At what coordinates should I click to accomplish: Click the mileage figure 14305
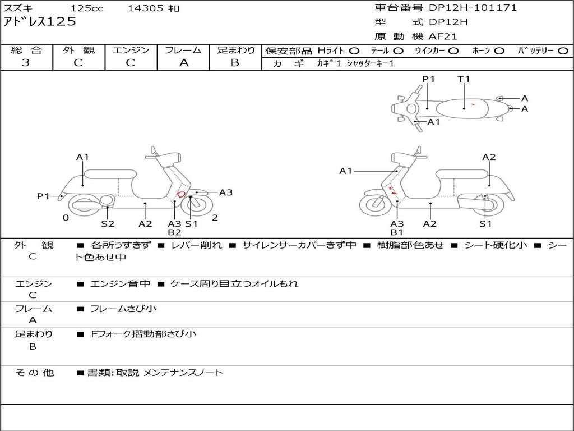pos(145,8)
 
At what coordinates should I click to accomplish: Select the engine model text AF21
pos(443,36)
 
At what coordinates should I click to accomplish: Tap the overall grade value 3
pos(26,63)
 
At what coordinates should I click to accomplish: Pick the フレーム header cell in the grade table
pos(183,50)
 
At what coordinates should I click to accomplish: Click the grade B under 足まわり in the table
pos(235,63)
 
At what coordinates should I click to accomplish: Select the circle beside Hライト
pos(354,51)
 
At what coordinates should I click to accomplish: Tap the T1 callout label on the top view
pos(464,79)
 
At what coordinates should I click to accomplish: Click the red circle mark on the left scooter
pos(181,194)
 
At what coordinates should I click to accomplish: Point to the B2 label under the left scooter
pos(174,232)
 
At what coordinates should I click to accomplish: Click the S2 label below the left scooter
pos(108,223)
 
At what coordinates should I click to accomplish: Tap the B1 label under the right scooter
pos(397,232)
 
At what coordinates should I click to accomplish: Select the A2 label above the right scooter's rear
pos(489,157)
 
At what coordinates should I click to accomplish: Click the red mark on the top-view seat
pos(473,104)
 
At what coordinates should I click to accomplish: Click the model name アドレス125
pos(40,22)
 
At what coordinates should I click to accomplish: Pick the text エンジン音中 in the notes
pos(120,284)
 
